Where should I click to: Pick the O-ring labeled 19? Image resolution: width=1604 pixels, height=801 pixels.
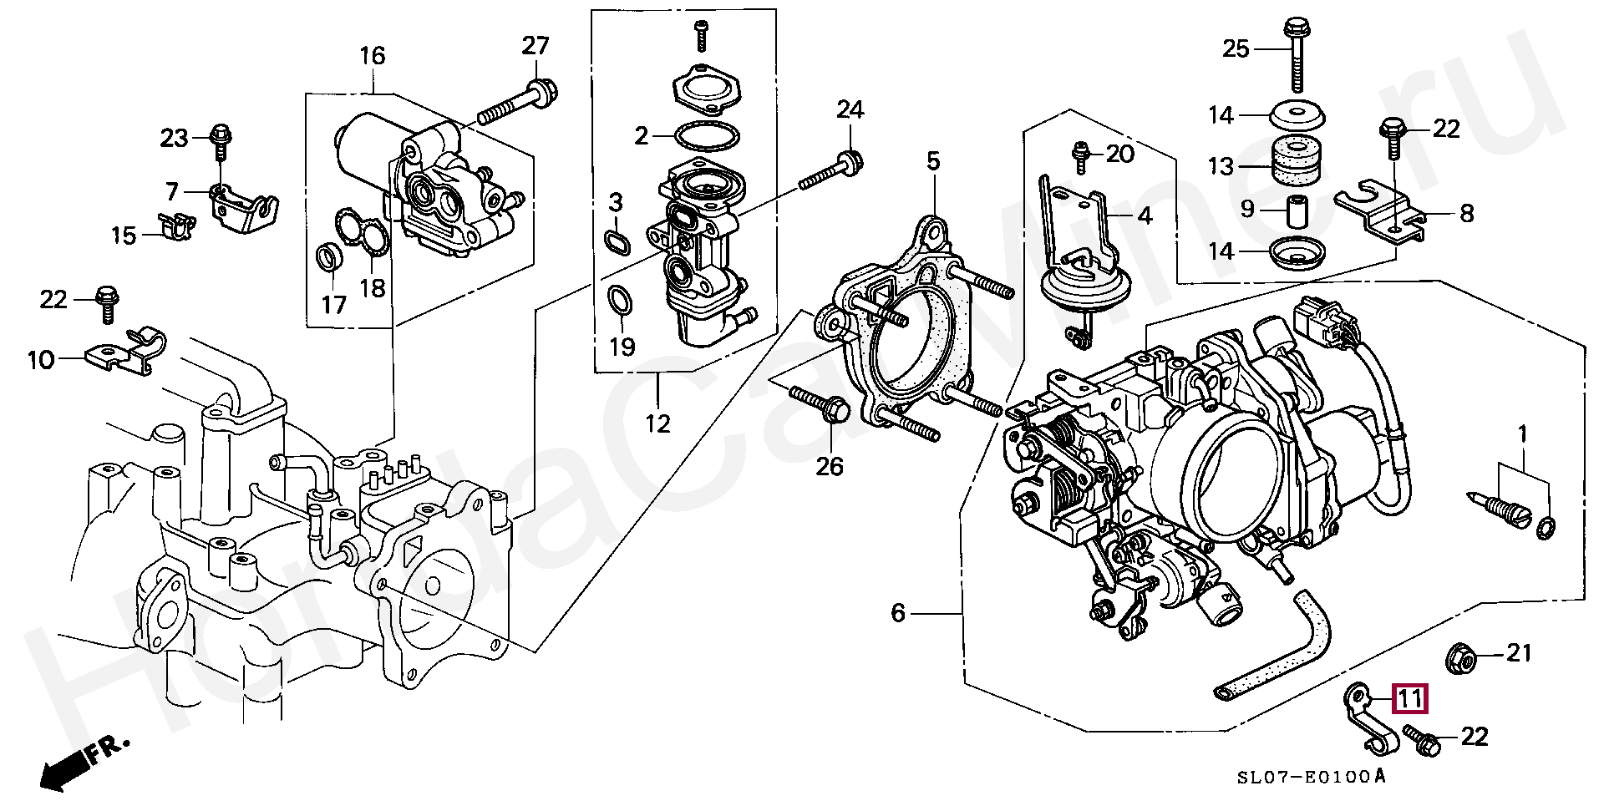point(619,303)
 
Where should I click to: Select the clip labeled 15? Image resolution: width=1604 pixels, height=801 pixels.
point(175,226)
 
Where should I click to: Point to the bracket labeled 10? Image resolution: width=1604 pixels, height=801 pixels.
point(124,352)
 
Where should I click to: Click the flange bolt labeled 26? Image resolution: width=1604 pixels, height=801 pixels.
point(820,403)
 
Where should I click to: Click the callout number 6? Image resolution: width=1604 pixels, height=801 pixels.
point(898,614)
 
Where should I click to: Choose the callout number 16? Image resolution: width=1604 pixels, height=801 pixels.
point(373,56)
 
